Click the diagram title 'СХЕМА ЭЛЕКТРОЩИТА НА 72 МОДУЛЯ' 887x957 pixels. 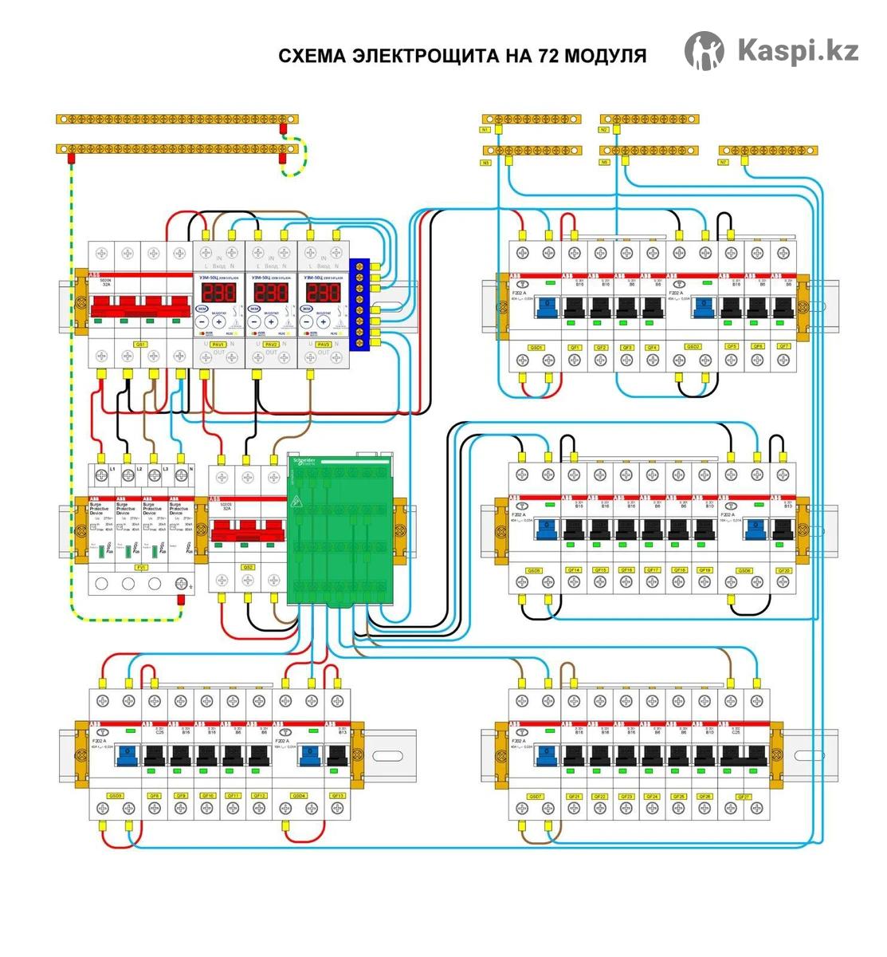[462, 56]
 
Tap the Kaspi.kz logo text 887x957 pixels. [797, 50]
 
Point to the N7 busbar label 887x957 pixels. [724, 162]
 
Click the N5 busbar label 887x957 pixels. [604, 162]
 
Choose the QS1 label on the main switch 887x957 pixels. [140, 345]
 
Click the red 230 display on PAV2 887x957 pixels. [271, 292]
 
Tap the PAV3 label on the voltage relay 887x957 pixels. [323, 345]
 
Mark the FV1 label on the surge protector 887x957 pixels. [141, 567]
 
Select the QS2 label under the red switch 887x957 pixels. [248, 567]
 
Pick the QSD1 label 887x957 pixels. [536, 348]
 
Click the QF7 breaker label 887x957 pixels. [784, 347]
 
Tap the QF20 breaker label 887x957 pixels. [784, 570]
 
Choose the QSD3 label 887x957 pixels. [115, 795]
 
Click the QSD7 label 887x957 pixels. [536, 796]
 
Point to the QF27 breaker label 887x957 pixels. [744, 796]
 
